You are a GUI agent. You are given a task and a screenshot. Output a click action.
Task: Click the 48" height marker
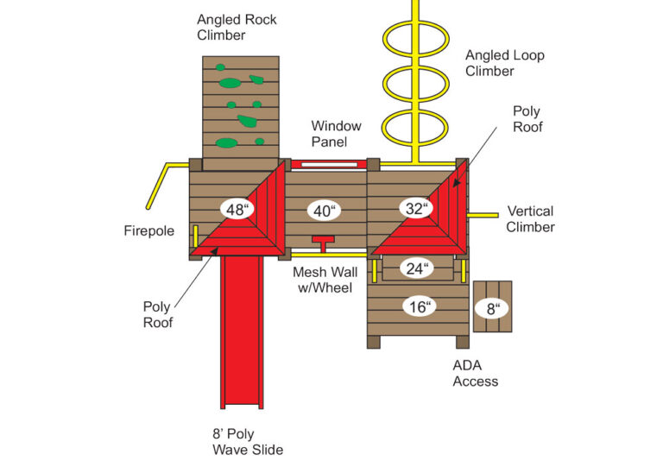pyautogui.click(x=236, y=209)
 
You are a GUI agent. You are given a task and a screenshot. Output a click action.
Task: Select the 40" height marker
pyautogui.click(x=325, y=210)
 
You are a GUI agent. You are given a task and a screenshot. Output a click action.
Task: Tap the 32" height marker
pyautogui.click(x=417, y=208)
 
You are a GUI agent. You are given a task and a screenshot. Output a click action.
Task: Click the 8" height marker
pyautogui.click(x=493, y=307)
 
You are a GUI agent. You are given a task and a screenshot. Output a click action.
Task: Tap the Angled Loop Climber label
pyautogui.click(x=505, y=63)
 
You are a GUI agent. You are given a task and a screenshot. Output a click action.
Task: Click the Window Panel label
pyautogui.click(x=337, y=133)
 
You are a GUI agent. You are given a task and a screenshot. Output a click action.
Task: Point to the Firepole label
pyautogui.click(x=149, y=231)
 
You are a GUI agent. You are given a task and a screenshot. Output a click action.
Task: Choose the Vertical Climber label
pyautogui.click(x=531, y=218)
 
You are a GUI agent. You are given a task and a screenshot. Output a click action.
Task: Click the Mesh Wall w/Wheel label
pyautogui.click(x=323, y=280)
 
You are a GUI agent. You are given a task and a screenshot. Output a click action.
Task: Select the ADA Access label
pyautogui.click(x=476, y=373)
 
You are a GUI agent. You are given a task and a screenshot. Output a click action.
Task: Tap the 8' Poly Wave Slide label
pyautogui.click(x=247, y=441)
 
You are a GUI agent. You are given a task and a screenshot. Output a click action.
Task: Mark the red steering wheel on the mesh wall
pyautogui.click(x=324, y=241)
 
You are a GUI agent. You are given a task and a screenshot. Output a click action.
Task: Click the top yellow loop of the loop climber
pyautogui.click(x=417, y=39)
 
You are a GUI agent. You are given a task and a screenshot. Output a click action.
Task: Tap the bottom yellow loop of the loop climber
pyautogui.click(x=417, y=128)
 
